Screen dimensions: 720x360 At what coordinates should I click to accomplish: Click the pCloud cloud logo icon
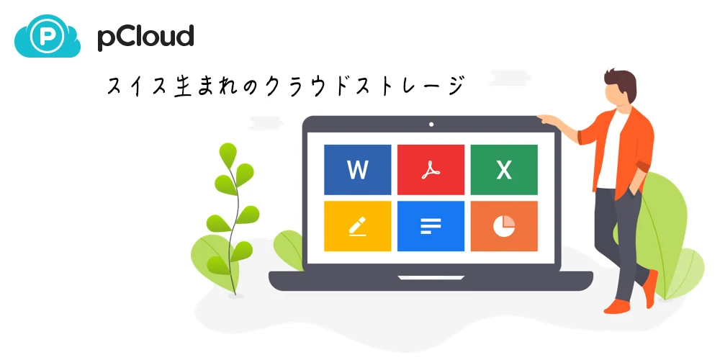[48, 36]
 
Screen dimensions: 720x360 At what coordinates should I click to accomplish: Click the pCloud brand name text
[145, 37]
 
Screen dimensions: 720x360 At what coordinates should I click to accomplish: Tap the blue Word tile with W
[358, 170]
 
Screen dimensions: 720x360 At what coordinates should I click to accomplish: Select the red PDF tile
[431, 170]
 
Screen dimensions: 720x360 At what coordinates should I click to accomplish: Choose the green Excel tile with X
[504, 170]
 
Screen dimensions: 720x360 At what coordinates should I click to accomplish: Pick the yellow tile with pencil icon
[358, 226]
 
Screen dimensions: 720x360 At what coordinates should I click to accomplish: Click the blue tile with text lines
[431, 226]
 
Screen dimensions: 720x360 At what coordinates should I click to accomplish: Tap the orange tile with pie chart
[504, 226]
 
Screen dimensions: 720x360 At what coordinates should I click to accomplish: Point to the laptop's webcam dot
[431, 124]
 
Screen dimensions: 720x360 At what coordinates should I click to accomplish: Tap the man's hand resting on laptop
[546, 120]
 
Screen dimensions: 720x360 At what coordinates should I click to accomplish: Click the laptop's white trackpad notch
[431, 278]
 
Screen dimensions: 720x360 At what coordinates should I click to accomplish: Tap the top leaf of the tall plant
[228, 155]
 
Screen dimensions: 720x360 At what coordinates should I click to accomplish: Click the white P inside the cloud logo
[47, 36]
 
